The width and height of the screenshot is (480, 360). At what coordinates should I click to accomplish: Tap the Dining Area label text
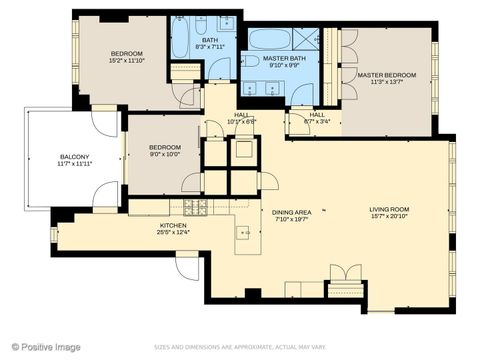click(x=292, y=212)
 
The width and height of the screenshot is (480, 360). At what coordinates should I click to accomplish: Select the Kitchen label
click(x=173, y=226)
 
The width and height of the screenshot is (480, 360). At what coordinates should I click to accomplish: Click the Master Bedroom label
click(x=387, y=74)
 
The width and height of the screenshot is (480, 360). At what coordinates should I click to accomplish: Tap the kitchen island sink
click(x=243, y=232)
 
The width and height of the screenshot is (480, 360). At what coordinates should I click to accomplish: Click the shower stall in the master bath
click(x=305, y=41)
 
